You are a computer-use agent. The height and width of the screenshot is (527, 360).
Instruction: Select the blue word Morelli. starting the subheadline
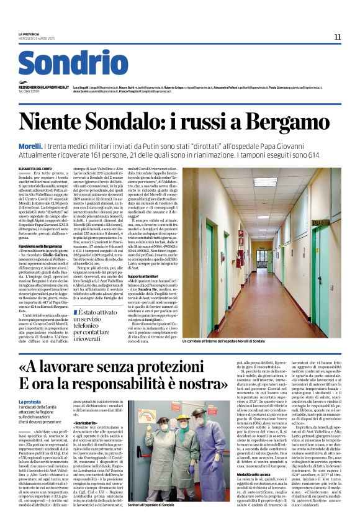point(32,145)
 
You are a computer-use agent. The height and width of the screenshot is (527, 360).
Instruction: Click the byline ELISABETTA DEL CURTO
point(38,169)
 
